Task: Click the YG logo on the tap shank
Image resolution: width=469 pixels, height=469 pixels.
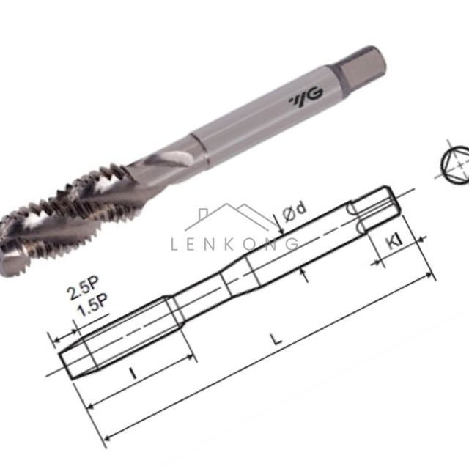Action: click(x=306, y=97)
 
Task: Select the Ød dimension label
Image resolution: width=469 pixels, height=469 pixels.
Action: click(x=295, y=212)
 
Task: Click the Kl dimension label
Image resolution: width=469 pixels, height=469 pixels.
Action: click(x=395, y=241)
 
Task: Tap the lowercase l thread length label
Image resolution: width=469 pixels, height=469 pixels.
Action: click(x=133, y=373)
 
